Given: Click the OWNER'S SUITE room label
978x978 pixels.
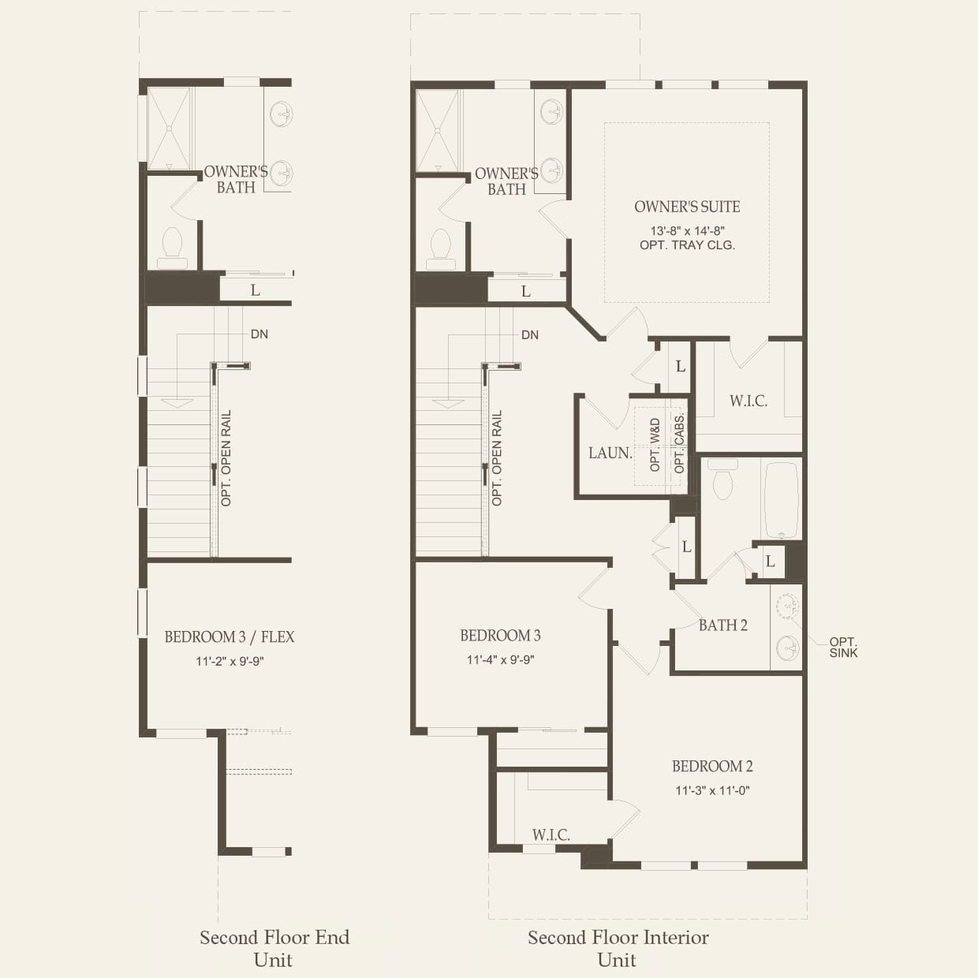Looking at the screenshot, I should click(687, 207).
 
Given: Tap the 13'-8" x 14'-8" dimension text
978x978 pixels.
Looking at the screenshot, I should click(687, 231).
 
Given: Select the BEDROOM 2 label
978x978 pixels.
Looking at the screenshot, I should click(712, 766).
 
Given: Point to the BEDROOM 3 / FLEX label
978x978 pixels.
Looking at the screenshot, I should click(230, 636).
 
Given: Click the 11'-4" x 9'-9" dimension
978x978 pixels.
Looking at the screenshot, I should click(500, 660).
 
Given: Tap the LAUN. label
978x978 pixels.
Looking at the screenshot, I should click(610, 454).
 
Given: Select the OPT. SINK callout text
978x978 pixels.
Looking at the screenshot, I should click(843, 648).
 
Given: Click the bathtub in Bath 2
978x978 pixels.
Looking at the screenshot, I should click(782, 499).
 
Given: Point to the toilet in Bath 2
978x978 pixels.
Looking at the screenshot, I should click(722, 480).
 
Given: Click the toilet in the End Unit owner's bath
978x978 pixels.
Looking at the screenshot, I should click(172, 248).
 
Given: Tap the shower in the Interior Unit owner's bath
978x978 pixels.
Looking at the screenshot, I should click(438, 130).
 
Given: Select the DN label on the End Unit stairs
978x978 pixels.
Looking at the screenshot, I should click(259, 334).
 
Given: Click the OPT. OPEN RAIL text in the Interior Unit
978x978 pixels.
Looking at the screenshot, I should click(497, 458).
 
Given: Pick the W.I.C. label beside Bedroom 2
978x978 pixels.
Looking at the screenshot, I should click(551, 834).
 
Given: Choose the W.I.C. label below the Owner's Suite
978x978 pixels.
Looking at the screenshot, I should click(748, 401).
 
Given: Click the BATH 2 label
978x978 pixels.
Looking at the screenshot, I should click(722, 625).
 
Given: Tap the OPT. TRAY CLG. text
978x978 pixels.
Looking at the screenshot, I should click(687, 245).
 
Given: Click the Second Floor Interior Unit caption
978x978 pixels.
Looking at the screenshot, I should click(618, 948).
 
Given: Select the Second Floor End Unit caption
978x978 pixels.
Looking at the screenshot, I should click(274, 948).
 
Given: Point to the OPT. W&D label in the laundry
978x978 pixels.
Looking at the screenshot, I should click(655, 445).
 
